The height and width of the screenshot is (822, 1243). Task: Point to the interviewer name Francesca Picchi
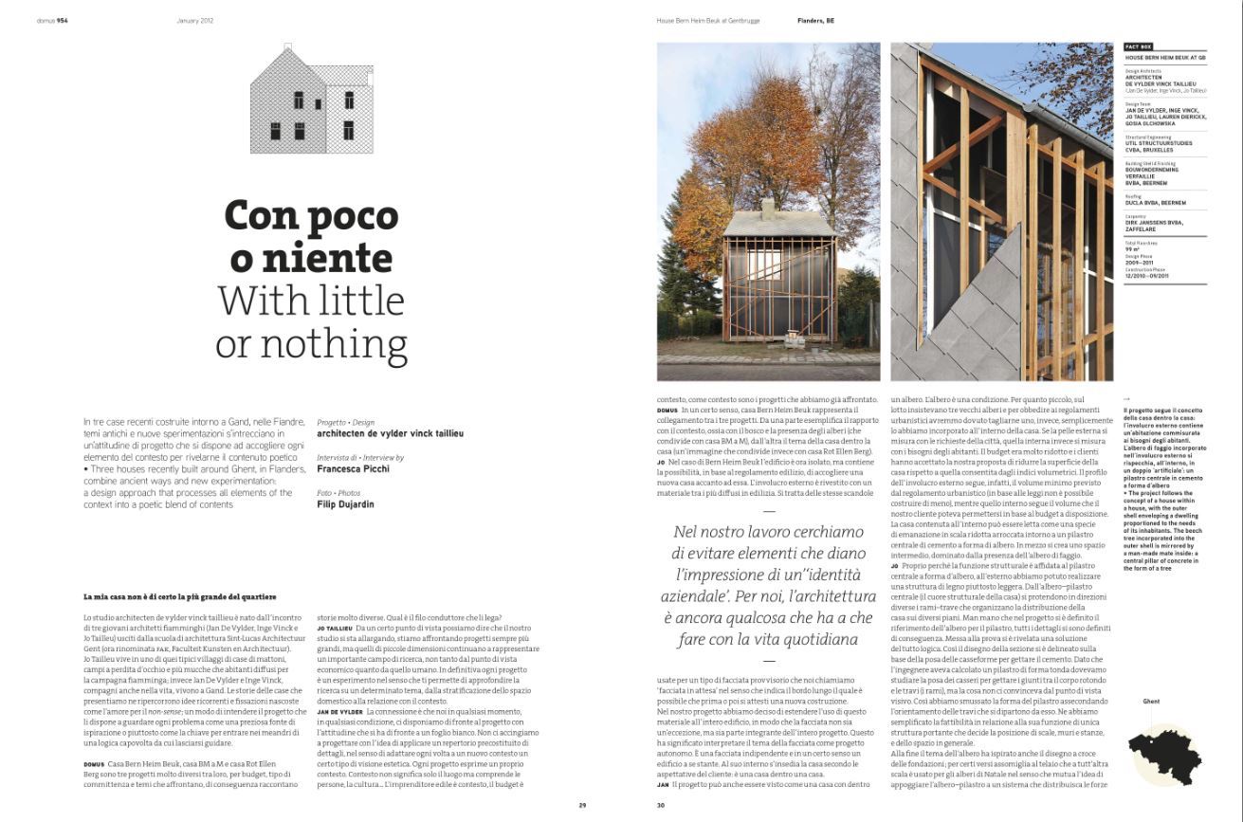click(x=359, y=468)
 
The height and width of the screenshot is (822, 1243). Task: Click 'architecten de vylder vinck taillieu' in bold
click(x=391, y=432)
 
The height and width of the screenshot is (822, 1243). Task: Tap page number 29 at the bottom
click(x=582, y=806)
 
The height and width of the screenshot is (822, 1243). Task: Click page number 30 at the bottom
click(x=661, y=806)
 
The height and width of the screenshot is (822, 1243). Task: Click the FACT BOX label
click(x=1138, y=46)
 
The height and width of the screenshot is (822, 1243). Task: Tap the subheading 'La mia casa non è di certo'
click(x=180, y=596)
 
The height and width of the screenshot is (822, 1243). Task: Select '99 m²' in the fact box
click(x=1132, y=248)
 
